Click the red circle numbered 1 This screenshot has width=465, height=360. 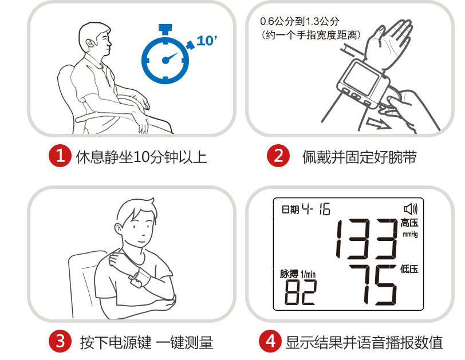(60, 156)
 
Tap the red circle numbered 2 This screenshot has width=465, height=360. (278, 156)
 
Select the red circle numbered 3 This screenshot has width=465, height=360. (60, 341)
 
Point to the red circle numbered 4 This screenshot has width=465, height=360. (270, 341)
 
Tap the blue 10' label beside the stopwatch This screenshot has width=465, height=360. (207, 41)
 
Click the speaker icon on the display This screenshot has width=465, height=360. (411, 209)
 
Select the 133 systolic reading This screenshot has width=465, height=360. (367, 239)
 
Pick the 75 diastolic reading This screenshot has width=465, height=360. (373, 285)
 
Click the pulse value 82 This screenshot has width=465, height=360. (301, 292)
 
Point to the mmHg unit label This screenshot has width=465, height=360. (410, 234)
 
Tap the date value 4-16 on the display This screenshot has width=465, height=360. (316, 209)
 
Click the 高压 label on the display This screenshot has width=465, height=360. (409, 223)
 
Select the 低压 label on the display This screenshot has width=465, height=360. (409, 269)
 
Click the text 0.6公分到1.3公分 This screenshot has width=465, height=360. (300, 21)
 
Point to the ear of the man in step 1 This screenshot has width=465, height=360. (90, 44)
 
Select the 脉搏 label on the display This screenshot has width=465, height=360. (289, 274)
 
